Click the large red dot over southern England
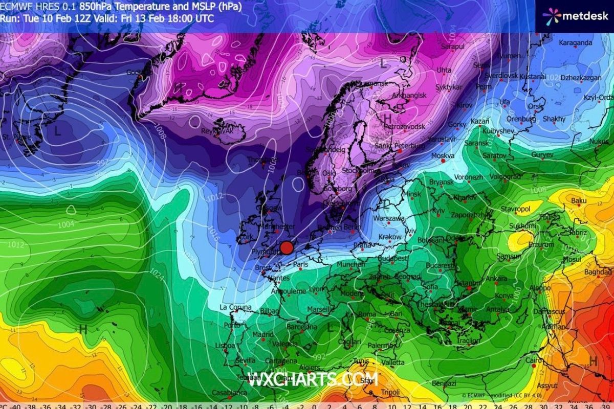pos(287,247)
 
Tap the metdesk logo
pos(575,16)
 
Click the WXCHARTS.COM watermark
pos(313,379)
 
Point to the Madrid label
pos(263,335)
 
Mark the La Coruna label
pos(235,307)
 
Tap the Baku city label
pos(579,201)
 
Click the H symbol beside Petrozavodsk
pos(387,118)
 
